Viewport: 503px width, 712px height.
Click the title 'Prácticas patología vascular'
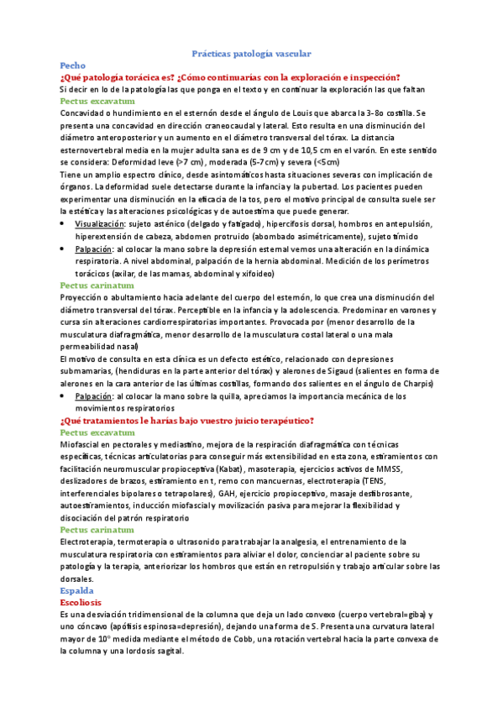click(251, 52)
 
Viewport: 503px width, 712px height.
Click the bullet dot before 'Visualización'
click(65, 224)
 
